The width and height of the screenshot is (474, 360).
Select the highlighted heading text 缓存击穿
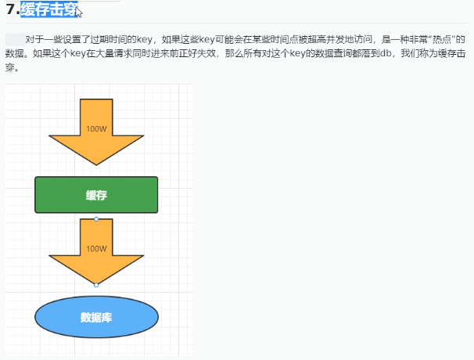tap(49, 10)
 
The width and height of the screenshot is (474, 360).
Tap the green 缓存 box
tap(96, 195)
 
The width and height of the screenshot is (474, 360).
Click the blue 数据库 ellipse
tap(96, 317)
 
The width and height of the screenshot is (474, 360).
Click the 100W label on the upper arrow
tap(96, 129)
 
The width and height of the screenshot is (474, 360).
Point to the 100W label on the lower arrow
tap(96, 249)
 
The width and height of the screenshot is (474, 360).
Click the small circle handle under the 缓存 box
tap(96, 219)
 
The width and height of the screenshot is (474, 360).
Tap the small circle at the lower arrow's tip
tap(96, 285)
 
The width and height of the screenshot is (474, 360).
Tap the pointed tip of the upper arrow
tap(96, 164)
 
